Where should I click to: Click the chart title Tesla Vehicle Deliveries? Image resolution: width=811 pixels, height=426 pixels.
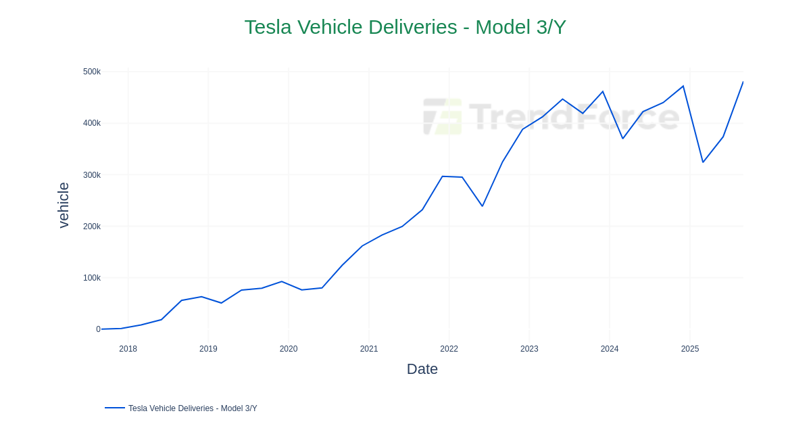(405, 27)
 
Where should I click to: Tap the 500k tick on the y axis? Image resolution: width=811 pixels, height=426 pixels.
(92, 72)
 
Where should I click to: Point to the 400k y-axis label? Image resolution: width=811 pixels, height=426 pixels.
(92, 123)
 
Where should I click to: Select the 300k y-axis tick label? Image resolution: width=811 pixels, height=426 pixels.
(92, 175)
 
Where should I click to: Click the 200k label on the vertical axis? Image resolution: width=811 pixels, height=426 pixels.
(92, 227)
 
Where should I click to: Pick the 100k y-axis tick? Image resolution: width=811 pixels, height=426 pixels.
(92, 278)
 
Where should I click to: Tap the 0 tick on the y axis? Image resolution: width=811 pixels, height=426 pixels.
(98, 329)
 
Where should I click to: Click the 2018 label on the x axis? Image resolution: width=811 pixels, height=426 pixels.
(128, 349)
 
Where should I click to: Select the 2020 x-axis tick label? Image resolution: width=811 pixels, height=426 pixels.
(289, 349)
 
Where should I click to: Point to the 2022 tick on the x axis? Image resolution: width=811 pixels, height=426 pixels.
(449, 349)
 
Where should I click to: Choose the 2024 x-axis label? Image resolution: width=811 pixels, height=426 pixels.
(610, 349)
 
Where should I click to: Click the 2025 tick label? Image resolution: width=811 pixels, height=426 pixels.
(689, 349)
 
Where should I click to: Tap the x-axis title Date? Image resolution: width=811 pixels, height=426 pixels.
(422, 369)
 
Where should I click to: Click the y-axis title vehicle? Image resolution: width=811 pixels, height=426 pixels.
(64, 205)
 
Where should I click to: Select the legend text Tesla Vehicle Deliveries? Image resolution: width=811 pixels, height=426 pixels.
(193, 408)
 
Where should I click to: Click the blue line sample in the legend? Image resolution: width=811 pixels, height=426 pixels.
(115, 408)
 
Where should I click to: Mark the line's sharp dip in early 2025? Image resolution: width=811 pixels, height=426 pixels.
(703, 162)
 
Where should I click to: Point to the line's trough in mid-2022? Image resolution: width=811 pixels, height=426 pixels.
(482, 206)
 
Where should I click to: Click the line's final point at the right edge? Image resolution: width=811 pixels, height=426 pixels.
(743, 82)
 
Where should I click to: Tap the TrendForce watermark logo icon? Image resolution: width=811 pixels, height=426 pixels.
(443, 116)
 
